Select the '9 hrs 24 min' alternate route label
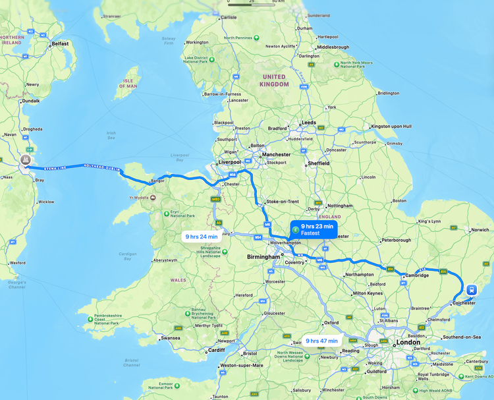click(202, 237)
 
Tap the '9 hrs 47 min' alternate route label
click(321, 341)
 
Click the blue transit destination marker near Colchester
click(472, 290)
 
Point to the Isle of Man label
click(128, 83)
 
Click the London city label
click(408, 343)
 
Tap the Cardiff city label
click(216, 350)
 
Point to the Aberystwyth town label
click(165, 260)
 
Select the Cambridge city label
click(416, 275)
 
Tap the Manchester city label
click(276, 155)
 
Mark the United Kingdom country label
click(274, 80)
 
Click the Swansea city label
click(170, 337)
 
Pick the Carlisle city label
click(229, 17)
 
